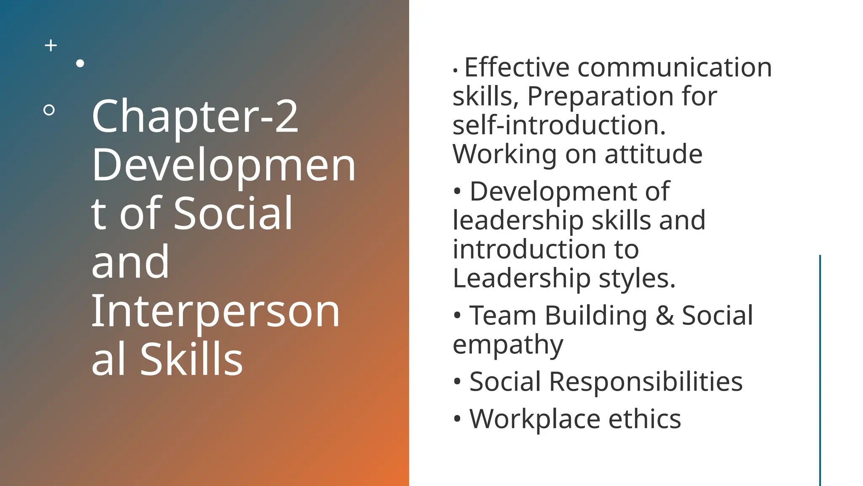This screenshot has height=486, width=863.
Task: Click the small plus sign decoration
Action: point(51,46)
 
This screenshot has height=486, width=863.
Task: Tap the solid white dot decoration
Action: point(80,64)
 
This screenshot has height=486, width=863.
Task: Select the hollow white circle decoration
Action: point(49,110)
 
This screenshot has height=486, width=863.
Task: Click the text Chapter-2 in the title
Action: point(195,116)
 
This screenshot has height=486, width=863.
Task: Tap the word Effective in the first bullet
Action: point(517,67)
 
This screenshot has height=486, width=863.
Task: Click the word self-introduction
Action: point(559,125)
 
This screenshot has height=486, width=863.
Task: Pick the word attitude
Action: point(654,154)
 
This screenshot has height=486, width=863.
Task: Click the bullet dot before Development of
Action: point(457,192)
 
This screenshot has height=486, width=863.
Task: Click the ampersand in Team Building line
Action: point(665,316)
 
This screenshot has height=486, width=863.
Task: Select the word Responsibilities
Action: point(646,382)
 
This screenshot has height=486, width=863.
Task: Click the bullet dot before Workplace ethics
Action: point(457,419)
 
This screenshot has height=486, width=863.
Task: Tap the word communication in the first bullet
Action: point(674,67)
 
